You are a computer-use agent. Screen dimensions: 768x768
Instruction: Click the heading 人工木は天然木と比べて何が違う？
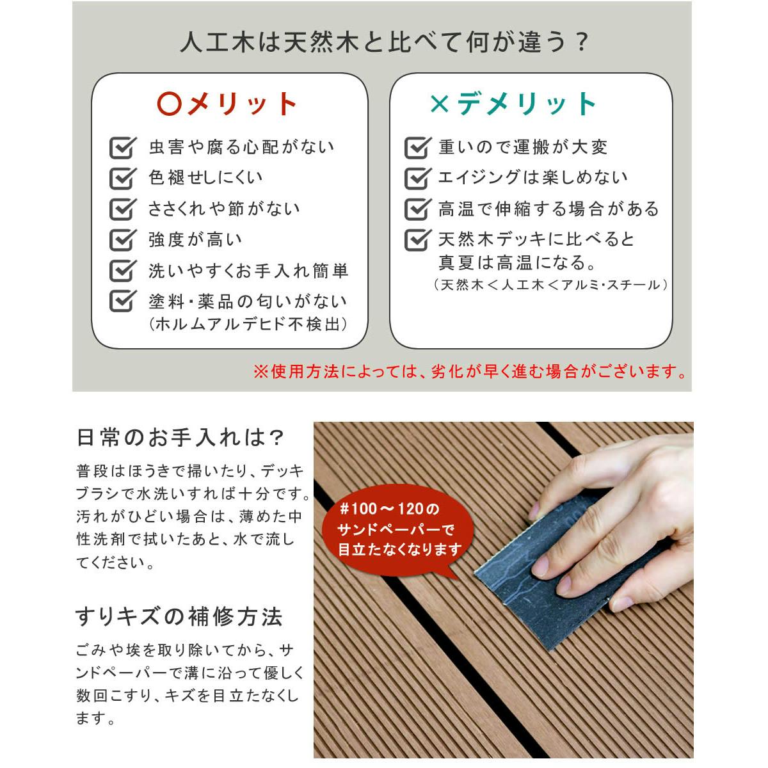[x=384, y=42]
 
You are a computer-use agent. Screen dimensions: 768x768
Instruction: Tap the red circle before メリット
[x=170, y=104]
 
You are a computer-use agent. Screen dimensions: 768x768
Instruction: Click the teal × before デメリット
[x=440, y=104]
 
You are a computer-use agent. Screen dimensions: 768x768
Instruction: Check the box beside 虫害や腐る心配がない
[x=123, y=147]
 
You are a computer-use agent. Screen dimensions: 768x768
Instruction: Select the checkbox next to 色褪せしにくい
[x=123, y=178]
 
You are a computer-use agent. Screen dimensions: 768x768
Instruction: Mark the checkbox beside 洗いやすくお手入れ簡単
[x=123, y=270]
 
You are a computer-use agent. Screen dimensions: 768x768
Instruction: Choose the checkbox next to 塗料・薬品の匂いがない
[x=123, y=301]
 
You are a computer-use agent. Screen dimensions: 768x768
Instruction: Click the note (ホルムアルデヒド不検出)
[x=248, y=324]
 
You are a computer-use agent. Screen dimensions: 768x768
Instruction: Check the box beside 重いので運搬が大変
[x=418, y=147]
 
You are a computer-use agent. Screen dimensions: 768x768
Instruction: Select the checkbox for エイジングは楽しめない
[x=418, y=178]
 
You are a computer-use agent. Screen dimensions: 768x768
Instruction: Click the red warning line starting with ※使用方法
[x=470, y=371]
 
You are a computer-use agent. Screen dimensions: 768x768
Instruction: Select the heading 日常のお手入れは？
[x=180, y=438]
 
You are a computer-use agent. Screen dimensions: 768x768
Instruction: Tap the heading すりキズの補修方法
[x=179, y=616]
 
